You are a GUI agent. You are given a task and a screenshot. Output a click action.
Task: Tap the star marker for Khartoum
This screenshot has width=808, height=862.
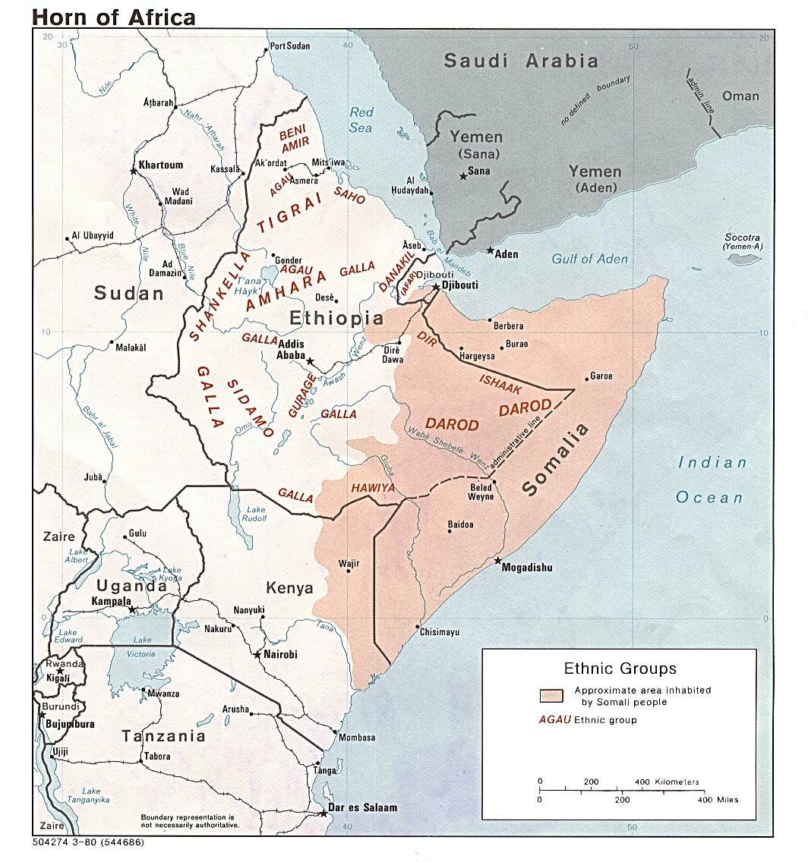(x=134, y=171)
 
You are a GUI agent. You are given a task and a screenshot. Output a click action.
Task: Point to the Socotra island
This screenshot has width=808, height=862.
(x=743, y=260)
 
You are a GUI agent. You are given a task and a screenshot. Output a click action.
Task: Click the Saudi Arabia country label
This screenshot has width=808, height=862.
(x=521, y=61)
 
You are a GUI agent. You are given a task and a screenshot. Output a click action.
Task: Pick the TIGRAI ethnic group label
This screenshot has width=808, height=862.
(x=286, y=214)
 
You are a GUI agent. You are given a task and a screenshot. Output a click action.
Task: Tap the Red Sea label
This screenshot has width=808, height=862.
(x=361, y=120)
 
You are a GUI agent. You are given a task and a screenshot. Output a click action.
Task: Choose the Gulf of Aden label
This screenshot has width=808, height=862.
(x=589, y=259)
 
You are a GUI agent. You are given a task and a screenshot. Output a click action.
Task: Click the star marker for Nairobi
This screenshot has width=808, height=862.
(x=257, y=654)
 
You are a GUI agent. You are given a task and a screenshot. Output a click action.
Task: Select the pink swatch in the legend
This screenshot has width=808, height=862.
(x=551, y=696)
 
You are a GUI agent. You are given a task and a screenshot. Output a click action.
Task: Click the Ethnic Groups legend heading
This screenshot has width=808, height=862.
(x=620, y=669)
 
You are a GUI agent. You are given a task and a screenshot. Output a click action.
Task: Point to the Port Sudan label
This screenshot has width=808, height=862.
(x=290, y=47)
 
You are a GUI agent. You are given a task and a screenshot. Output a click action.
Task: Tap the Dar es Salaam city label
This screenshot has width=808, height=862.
(x=362, y=808)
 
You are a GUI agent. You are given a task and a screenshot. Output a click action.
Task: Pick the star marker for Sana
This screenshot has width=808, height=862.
(x=462, y=177)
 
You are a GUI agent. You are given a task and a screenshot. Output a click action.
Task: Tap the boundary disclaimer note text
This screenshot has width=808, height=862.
(x=189, y=820)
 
